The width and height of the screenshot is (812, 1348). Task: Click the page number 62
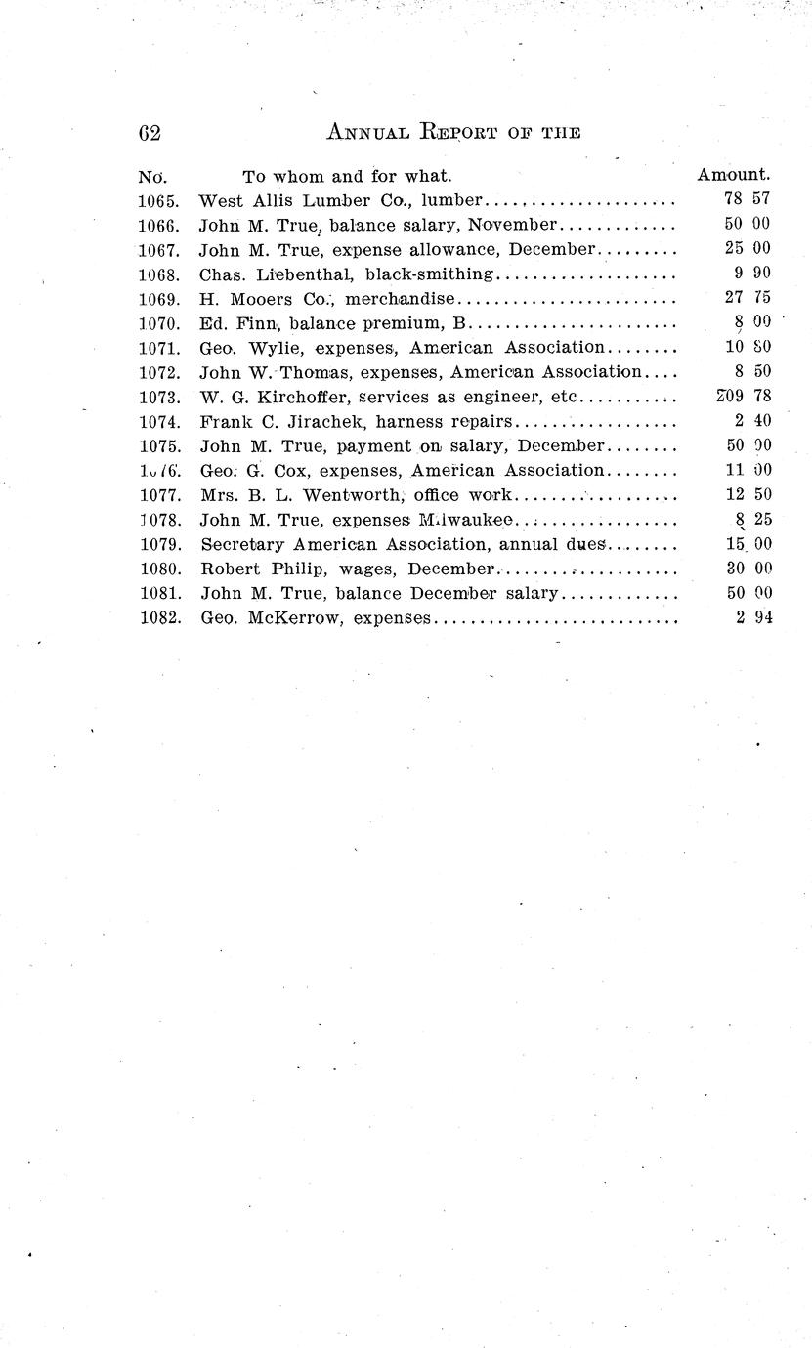pyautogui.click(x=150, y=132)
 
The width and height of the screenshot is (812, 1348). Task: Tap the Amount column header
pyautogui.click(x=733, y=176)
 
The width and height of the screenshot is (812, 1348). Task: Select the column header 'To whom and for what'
pyautogui.click(x=347, y=177)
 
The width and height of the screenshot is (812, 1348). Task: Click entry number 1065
pyautogui.click(x=159, y=201)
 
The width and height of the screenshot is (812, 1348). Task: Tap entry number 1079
pyautogui.click(x=159, y=544)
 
